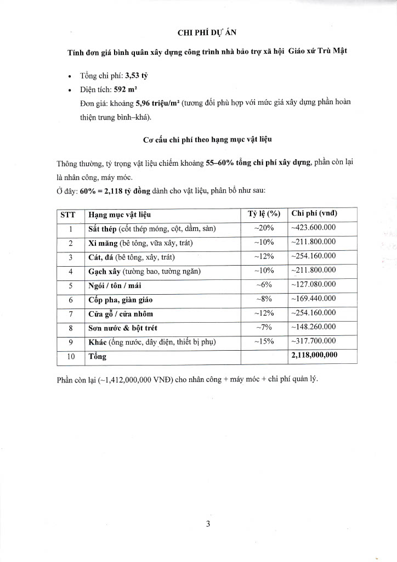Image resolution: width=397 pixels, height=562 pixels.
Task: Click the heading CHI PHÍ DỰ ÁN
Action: pyautogui.click(x=208, y=31)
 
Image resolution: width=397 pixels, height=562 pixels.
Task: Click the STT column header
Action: pyautogui.click(x=71, y=214)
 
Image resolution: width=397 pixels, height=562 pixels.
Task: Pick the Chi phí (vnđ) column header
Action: pyautogui.click(x=314, y=214)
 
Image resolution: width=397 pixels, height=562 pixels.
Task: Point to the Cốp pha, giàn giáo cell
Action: pyautogui.click(x=120, y=300)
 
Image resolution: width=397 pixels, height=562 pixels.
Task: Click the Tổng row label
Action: pyautogui.click(x=98, y=356)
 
